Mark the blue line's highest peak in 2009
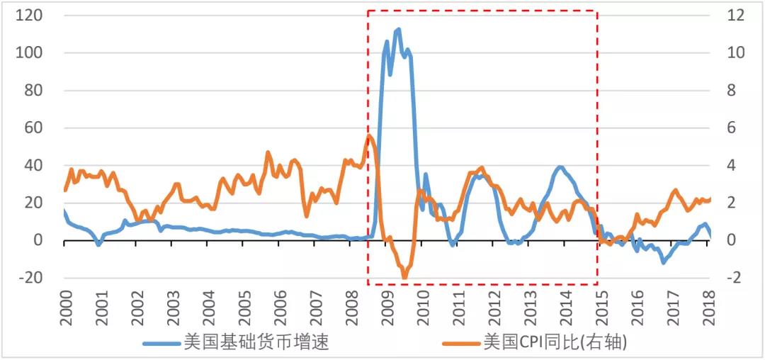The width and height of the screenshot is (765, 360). [398, 30]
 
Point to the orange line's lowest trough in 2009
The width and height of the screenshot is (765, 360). [404, 276]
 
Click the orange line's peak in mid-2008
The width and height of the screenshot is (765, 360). [369, 136]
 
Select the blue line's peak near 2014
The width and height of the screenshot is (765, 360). [560, 167]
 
